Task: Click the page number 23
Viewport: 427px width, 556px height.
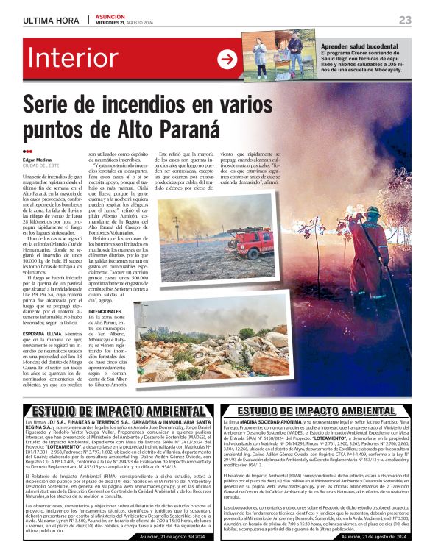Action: click(x=404, y=19)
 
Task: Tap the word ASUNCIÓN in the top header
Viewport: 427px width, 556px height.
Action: click(x=113, y=15)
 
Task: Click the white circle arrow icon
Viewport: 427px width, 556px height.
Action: click(x=227, y=60)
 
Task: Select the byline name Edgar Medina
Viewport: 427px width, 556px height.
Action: click(x=38, y=160)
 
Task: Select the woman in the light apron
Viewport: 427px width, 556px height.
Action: click(x=264, y=53)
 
